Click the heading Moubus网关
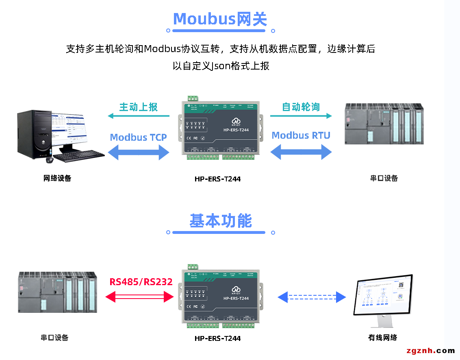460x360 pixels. [x=220, y=19]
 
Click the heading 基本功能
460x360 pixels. [x=221, y=220]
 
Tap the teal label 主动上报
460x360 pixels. [x=138, y=107]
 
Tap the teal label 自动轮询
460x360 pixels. [x=301, y=107]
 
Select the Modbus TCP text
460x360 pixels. [x=138, y=137]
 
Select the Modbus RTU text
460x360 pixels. [x=301, y=135]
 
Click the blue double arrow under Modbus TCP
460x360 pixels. [x=138, y=153]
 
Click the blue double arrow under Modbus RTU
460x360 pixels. [x=301, y=152]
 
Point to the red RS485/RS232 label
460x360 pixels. [x=141, y=281]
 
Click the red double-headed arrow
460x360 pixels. [x=140, y=297]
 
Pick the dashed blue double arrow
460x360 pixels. [x=312, y=297]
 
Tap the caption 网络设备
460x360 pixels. [x=57, y=178]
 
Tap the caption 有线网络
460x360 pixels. [x=382, y=338]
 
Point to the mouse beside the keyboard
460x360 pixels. [x=50, y=160]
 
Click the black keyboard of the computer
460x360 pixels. [x=79, y=155]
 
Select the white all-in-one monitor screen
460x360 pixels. [x=384, y=294]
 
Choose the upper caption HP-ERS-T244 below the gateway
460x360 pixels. [x=217, y=179]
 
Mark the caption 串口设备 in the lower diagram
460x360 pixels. [x=54, y=338]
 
